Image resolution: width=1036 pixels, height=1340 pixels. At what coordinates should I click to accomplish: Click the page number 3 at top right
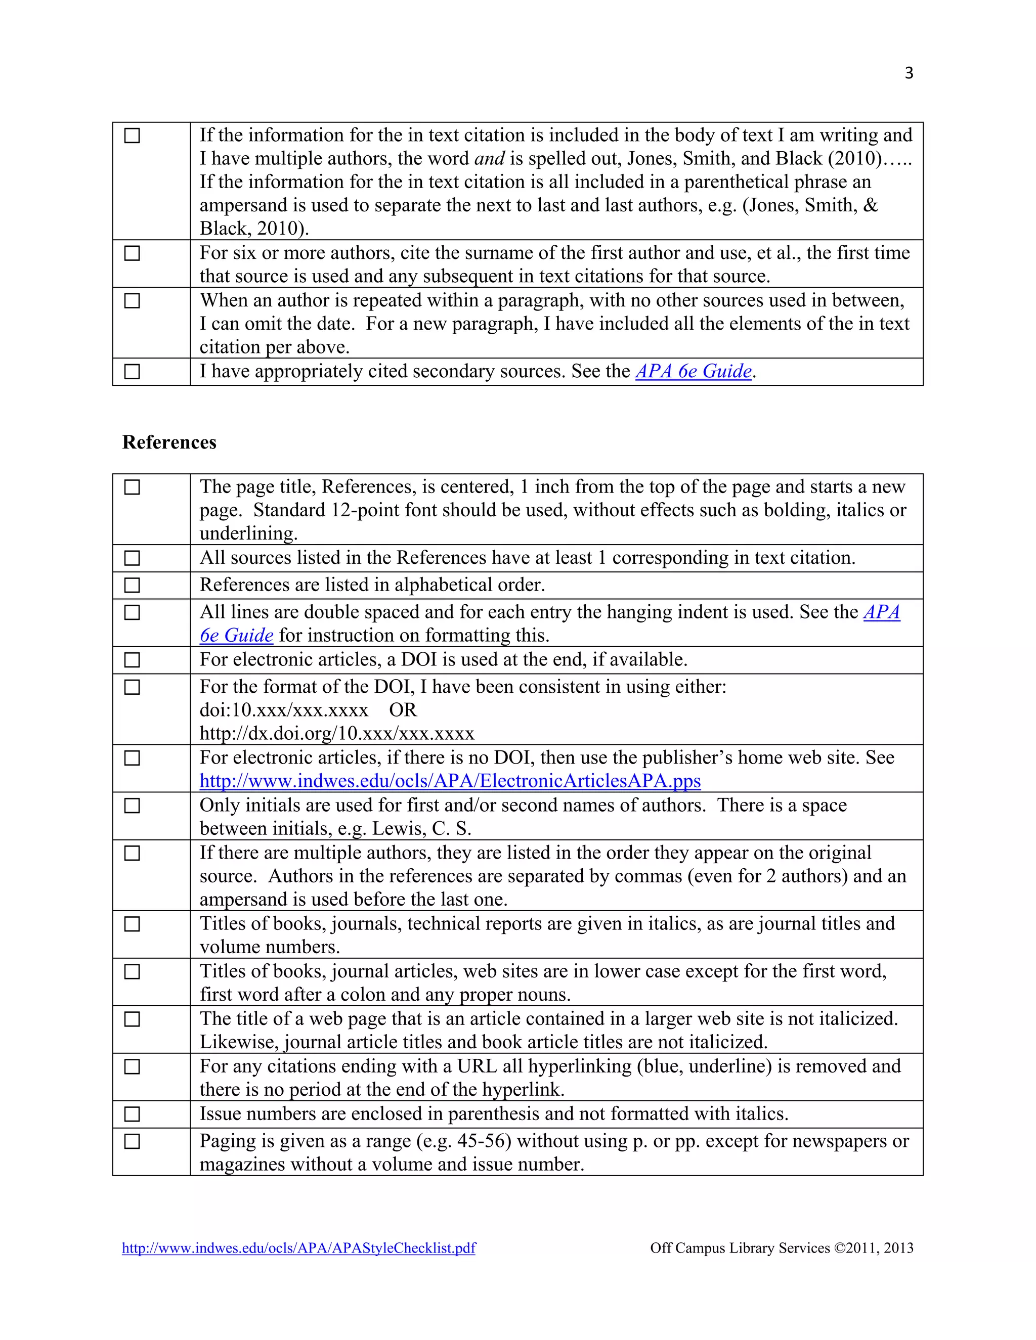(x=909, y=73)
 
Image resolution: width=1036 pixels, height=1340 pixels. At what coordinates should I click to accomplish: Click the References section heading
(x=169, y=442)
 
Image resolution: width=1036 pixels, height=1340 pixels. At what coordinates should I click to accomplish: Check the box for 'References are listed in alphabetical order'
(x=132, y=586)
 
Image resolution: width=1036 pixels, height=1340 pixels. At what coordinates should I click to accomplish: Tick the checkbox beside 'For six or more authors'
(x=132, y=253)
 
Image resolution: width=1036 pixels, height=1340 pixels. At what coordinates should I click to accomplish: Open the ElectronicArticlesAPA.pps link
(x=450, y=781)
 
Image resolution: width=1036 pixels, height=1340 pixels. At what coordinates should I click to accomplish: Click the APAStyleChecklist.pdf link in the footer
(x=298, y=1248)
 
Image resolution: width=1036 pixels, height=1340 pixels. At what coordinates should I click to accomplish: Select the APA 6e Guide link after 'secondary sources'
(x=694, y=372)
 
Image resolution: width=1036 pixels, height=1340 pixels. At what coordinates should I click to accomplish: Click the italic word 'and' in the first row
(x=489, y=159)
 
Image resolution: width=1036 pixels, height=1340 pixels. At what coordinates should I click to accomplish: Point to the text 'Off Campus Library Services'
(x=740, y=1248)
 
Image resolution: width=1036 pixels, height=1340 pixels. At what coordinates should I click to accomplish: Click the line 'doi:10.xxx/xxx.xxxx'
(x=284, y=710)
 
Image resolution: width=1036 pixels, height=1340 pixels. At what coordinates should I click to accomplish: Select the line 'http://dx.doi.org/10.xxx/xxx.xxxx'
(x=337, y=734)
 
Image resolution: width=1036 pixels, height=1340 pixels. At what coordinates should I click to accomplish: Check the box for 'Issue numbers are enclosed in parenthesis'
(x=132, y=1114)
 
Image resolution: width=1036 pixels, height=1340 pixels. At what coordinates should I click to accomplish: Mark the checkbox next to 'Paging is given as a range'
(x=132, y=1142)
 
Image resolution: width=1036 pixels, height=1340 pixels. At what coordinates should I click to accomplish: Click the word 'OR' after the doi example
(x=403, y=710)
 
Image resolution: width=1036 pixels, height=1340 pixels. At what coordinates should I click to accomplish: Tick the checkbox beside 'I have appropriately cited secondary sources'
(x=132, y=372)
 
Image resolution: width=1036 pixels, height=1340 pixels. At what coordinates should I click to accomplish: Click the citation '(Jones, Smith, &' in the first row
(x=810, y=205)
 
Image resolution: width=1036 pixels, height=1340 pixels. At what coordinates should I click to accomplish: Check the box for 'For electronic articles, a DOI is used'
(x=132, y=660)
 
